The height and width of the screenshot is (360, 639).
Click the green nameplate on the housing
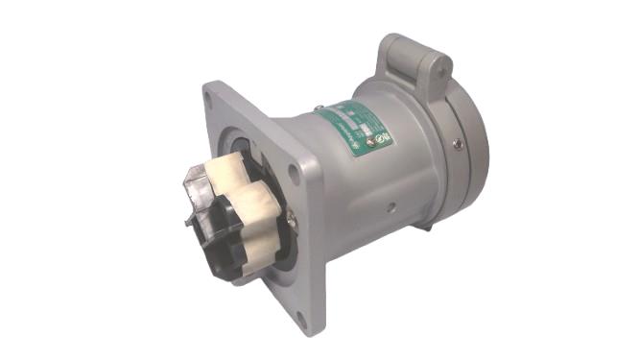coord(355,131)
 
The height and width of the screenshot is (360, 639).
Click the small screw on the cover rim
coord(460,144)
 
